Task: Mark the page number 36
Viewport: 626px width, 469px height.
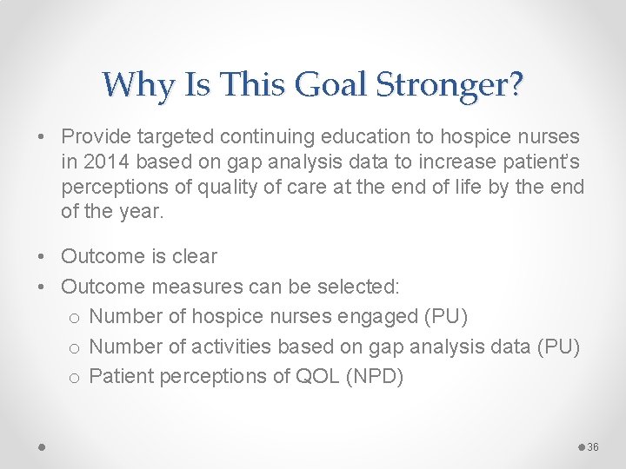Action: [x=594, y=446]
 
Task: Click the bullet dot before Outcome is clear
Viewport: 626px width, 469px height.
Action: [x=43, y=256]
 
